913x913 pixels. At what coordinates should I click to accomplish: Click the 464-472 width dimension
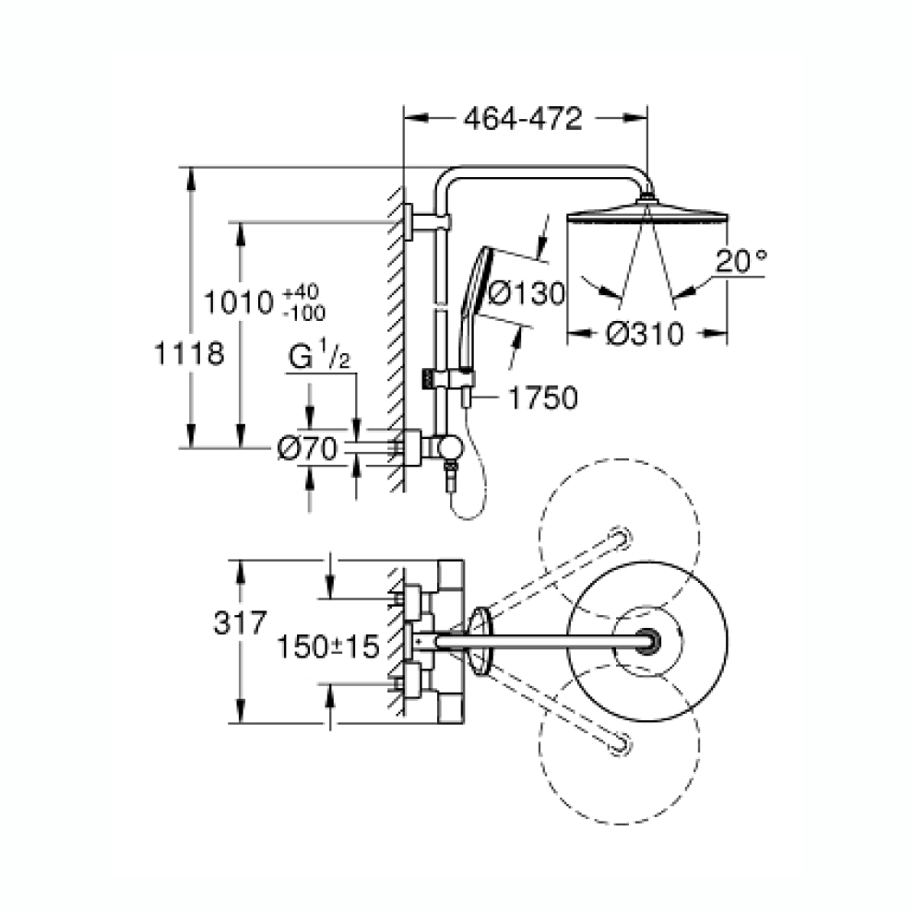coord(523,119)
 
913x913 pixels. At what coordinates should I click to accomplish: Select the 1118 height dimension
coord(189,353)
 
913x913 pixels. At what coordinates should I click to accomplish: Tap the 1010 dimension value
coord(238,302)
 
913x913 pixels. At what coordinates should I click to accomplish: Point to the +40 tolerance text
coord(301,291)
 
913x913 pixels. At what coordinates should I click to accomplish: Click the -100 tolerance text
coord(304,314)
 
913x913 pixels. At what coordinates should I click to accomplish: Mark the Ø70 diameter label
coord(307,449)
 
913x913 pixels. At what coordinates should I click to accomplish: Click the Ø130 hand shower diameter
coord(527,293)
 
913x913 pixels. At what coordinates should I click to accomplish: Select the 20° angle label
coord(741,261)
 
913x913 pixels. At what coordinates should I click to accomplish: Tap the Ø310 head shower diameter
coord(644,334)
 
